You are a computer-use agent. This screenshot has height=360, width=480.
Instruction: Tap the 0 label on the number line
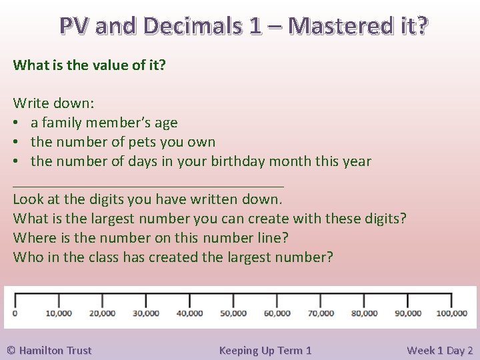coord(15,313)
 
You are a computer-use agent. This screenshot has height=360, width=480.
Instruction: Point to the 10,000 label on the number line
coord(59,313)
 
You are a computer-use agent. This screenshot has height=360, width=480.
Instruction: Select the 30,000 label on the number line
coord(146,313)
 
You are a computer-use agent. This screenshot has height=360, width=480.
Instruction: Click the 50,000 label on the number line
coord(233,313)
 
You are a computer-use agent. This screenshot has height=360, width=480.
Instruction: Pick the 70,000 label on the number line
coord(321,313)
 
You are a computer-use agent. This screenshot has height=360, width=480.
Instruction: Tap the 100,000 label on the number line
coord(451,313)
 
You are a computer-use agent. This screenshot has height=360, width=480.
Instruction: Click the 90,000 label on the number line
coord(408,313)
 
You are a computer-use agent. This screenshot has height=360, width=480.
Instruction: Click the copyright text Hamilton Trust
coord(49,350)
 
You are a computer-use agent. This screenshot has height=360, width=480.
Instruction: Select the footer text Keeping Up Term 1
coord(265,350)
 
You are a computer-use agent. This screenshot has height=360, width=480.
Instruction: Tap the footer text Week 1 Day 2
coord(439,350)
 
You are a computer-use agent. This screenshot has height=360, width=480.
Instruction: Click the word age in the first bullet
coord(166,123)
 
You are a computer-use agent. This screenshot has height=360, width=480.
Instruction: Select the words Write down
coord(54,103)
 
